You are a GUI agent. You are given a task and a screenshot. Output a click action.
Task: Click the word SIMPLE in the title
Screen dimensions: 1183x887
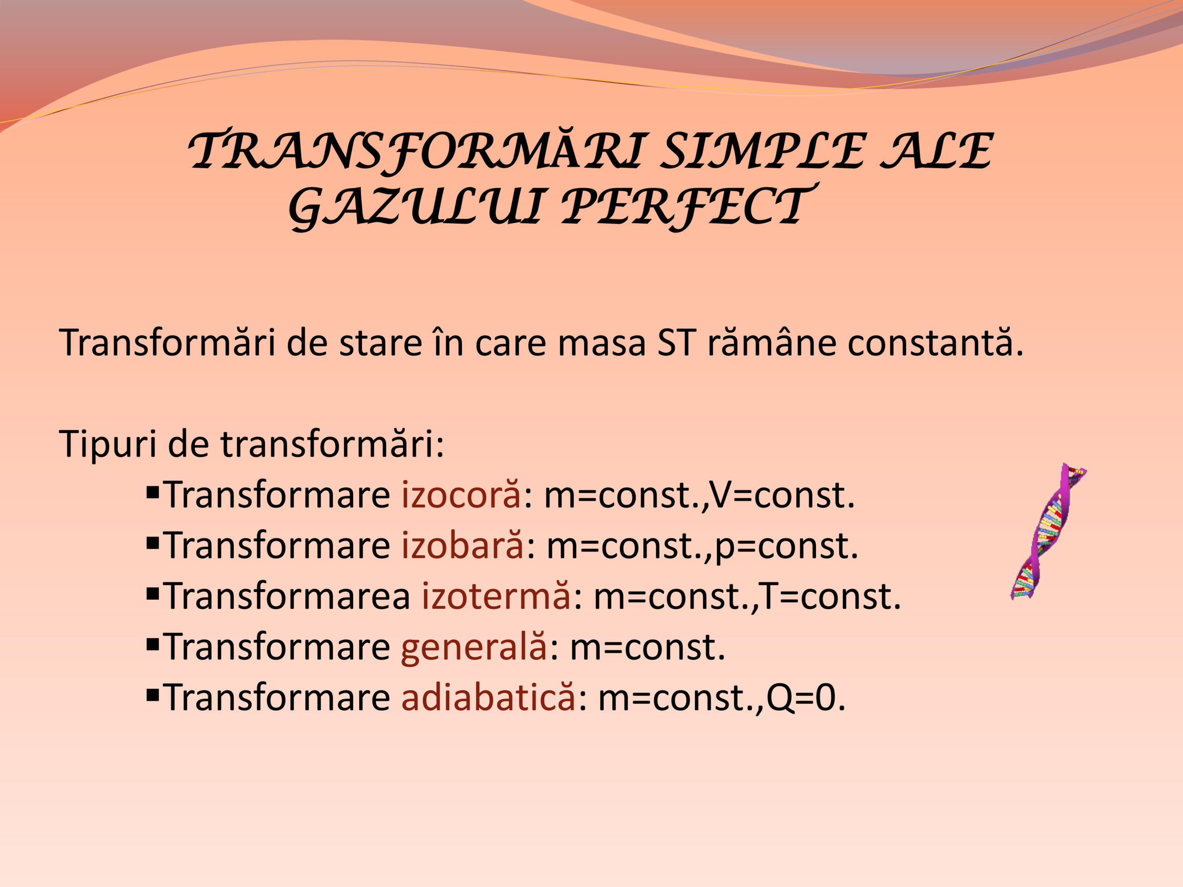pos(762,150)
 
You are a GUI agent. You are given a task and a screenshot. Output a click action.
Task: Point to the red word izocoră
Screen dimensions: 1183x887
pos(461,495)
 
